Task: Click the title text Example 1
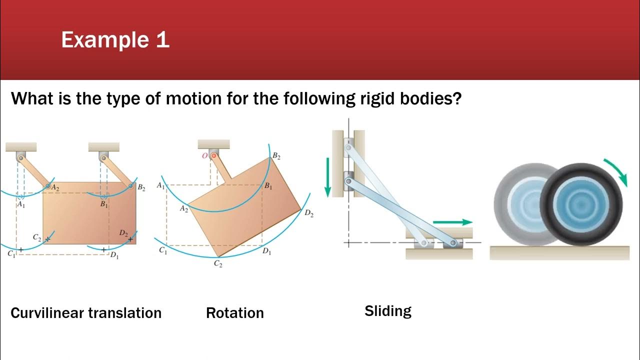(115, 40)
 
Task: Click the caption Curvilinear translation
(86, 313)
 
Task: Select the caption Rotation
(234, 313)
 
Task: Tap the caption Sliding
(387, 311)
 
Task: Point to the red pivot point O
(214, 156)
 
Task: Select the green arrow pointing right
(452, 222)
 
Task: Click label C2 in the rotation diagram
(218, 264)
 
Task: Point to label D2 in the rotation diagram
(309, 213)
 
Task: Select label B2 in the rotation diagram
(276, 156)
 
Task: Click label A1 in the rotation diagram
(160, 185)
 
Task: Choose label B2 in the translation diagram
(141, 188)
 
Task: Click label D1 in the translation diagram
(114, 256)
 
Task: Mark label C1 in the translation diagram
(11, 254)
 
